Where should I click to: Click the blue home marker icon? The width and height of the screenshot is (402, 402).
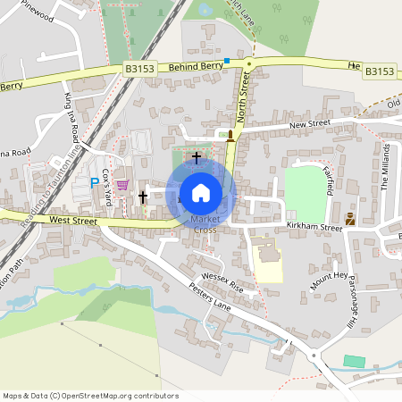[201, 191]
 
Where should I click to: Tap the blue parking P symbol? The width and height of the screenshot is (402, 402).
[95, 183]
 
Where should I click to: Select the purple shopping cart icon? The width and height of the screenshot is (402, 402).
[122, 185]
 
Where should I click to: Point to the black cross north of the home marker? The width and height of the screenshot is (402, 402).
[197, 157]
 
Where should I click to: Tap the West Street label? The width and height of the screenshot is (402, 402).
[72, 219]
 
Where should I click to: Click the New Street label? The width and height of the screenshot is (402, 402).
[310, 123]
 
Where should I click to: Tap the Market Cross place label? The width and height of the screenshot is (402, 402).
[205, 224]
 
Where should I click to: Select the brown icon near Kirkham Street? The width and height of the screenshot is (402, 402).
[350, 218]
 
